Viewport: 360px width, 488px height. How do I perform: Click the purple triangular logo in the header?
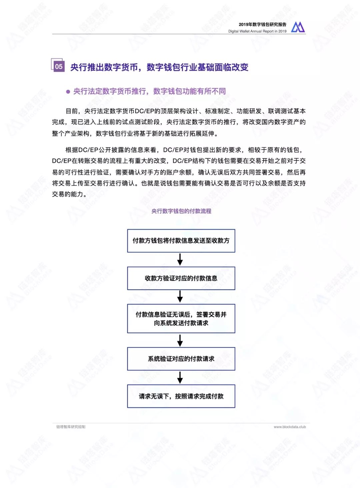tap(298, 27)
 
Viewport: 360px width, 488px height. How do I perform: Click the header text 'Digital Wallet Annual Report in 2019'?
tap(257, 31)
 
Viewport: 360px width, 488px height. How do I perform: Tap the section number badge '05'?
tap(58, 66)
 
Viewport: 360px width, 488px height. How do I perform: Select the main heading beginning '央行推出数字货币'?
tap(159, 67)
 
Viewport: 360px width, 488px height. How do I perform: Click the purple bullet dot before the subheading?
tap(68, 92)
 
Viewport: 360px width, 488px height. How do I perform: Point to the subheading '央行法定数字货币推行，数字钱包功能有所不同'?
tap(149, 91)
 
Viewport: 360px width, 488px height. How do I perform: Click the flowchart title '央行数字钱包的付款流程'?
tap(181, 211)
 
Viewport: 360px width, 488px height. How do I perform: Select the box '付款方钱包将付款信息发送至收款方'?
tap(181, 241)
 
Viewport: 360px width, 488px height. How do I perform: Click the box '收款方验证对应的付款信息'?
tap(181, 278)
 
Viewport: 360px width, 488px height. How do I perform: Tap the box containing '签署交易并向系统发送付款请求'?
tap(181, 318)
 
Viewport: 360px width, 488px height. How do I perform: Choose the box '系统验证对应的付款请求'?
tap(181, 359)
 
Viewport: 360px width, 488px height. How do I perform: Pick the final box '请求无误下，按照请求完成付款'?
tap(181, 396)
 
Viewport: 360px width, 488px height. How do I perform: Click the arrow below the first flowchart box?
tap(180, 259)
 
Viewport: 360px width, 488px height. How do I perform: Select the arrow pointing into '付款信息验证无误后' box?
tap(180, 296)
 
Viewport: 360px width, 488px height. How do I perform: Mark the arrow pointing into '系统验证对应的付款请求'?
tap(180, 340)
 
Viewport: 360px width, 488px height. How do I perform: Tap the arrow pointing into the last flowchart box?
tap(180, 377)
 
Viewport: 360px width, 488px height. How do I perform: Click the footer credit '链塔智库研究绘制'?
tap(71, 427)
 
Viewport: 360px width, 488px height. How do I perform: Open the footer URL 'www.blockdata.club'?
tap(289, 427)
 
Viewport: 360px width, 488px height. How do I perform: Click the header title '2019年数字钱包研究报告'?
tap(262, 24)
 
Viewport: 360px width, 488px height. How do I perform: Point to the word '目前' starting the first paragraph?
tap(72, 111)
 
